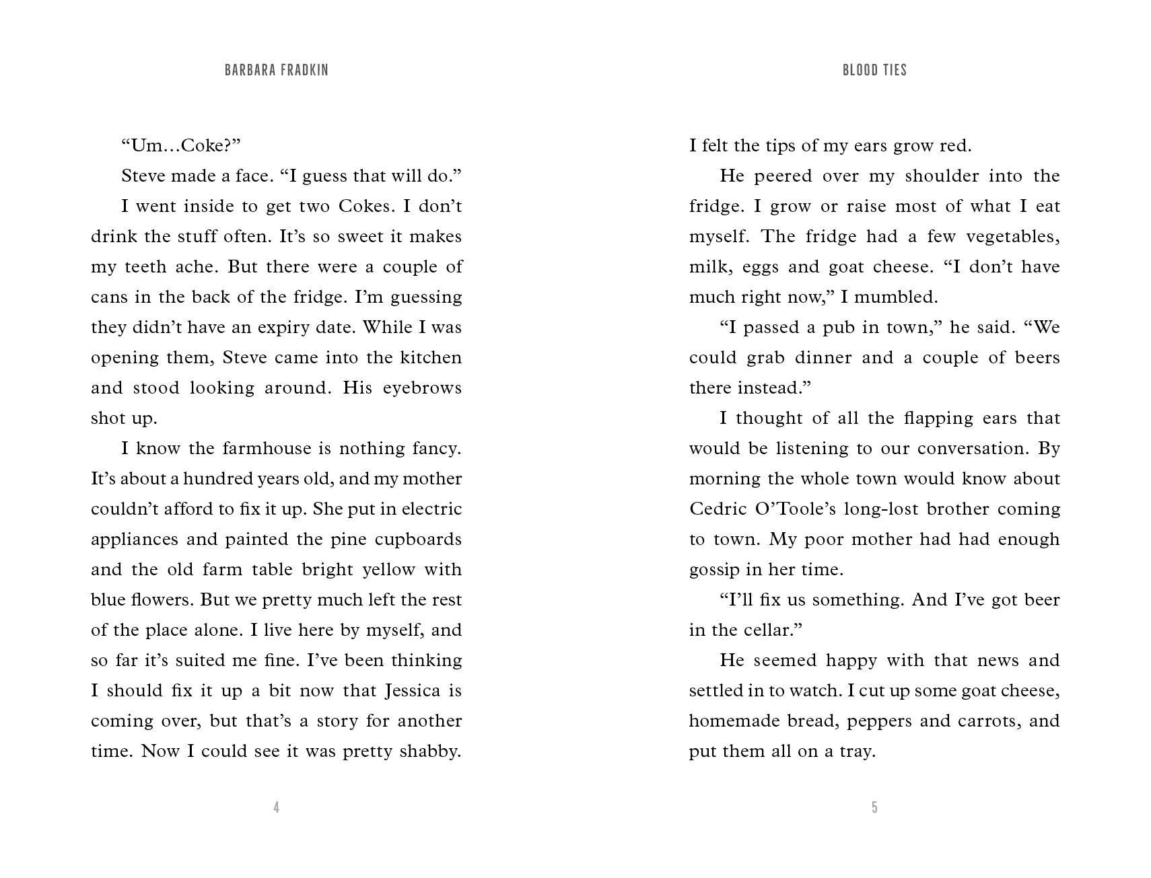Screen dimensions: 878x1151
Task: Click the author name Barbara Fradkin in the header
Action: [276, 70]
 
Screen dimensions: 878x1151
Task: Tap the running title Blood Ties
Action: [874, 70]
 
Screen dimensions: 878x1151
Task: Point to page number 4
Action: [276, 807]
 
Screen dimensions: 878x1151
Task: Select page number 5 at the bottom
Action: [874, 807]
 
